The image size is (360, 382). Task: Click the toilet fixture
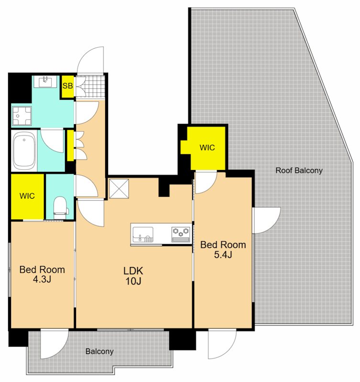[x=60, y=208]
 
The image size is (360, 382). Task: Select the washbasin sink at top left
[x=45, y=81]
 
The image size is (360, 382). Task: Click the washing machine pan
[x=22, y=116]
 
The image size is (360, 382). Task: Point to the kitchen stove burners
[x=181, y=234]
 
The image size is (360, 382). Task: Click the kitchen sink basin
[x=143, y=234]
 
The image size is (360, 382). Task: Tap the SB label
[x=67, y=86]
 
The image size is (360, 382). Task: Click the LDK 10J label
[x=133, y=276]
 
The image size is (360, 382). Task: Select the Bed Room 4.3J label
[x=42, y=274]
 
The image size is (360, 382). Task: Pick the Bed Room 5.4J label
[x=223, y=249]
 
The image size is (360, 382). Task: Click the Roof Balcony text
[x=299, y=170]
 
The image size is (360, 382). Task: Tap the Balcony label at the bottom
[x=99, y=351]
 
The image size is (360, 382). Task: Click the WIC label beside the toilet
[x=27, y=196]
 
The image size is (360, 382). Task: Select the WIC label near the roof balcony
[x=207, y=148]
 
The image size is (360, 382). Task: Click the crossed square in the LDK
[x=119, y=189]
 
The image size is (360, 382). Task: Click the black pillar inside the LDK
[x=164, y=187]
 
